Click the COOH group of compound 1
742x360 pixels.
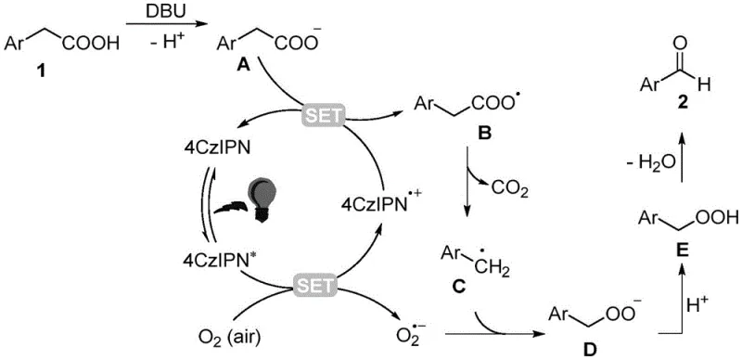click(x=94, y=45)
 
